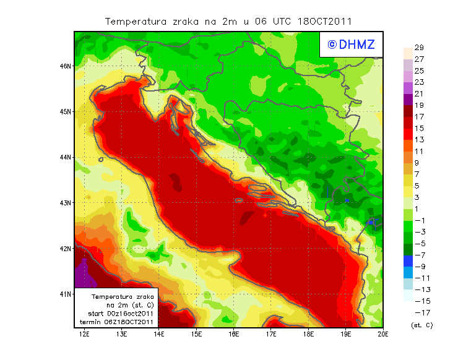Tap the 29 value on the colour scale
[x=418, y=47]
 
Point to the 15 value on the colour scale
[x=418, y=128]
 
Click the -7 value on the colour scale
[x=420, y=255]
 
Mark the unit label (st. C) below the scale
[x=421, y=325]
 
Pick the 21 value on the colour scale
[x=418, y=93]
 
